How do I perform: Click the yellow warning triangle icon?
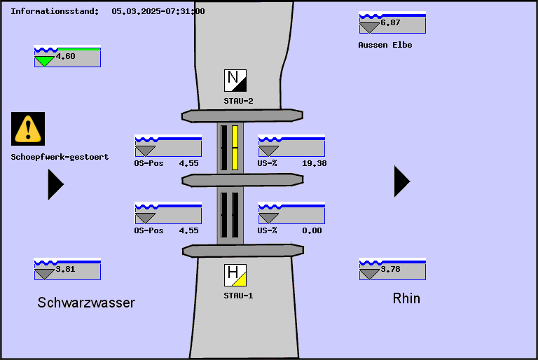click(x=28, y=128)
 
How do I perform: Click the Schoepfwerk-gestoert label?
click(x=60, y=157)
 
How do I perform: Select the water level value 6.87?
click(x=390, y=23)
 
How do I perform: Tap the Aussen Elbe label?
click(x=385, y=45)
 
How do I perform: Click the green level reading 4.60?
click(x=65, y=57)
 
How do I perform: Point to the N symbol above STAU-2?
click(x=235, y=81)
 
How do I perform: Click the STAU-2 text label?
click(x=238, y=101)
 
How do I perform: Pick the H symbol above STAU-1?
click(x=235, y=275)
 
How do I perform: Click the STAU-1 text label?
click(x=238, y=296)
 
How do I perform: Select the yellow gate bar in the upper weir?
click(x=235, y=148)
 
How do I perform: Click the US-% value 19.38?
click(x=314, y=163)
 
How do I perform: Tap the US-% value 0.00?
click(x=312, y=230)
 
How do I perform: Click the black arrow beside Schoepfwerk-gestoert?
click(x=55, y=184)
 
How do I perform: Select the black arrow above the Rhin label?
click(x=401, y=181)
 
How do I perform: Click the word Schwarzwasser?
click(x=86, y=303)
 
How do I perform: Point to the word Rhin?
click(x=406, y=298)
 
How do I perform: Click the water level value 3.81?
click(x=65, y=270)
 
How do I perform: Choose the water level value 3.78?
click(x=390, y=270)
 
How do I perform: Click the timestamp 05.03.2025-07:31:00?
click(x=158, y=11)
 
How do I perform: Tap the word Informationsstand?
click(x=55, y=11)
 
